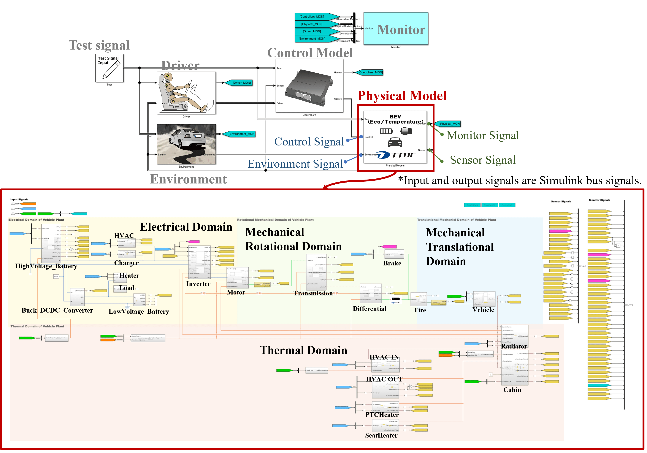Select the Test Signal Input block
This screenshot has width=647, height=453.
109,68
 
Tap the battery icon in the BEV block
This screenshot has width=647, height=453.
386,131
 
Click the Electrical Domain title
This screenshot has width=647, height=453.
186,227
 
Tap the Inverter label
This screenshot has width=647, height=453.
198,283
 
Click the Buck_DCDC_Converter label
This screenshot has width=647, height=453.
57,310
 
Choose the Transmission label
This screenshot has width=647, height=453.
313,293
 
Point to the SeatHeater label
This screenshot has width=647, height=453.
381,435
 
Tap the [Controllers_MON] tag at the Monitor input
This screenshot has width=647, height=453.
312,17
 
